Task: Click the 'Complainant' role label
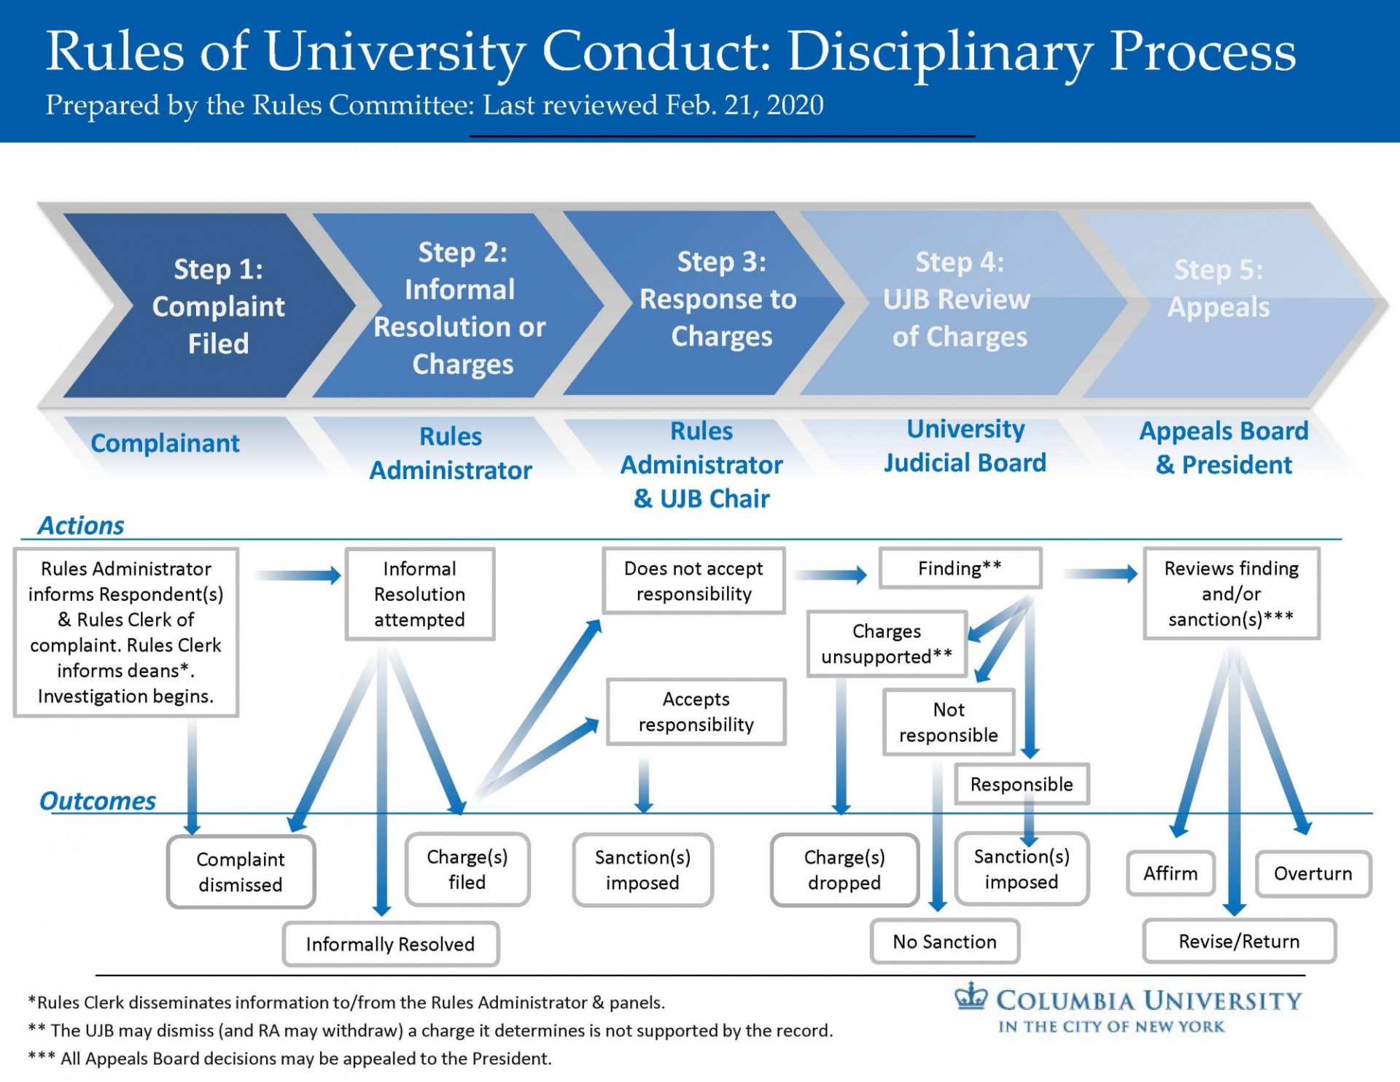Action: (165, 443)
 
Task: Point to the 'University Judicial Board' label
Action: (965, 446)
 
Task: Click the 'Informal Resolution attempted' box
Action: (419, 594)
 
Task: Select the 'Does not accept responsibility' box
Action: (693, 581)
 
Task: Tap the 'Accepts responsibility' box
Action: (696, 712)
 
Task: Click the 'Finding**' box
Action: (960, 568)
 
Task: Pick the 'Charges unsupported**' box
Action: (886, 644)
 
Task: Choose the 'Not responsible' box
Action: (948, 722)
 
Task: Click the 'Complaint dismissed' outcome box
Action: (241, 872)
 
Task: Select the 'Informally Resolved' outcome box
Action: (390, 944)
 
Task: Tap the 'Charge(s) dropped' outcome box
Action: (844, 870)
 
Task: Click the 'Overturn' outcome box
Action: (1312, 873)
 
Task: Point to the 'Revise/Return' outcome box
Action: (1239, 941)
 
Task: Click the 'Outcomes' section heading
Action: (98, 801)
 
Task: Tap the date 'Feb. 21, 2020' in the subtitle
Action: (744, 106)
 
